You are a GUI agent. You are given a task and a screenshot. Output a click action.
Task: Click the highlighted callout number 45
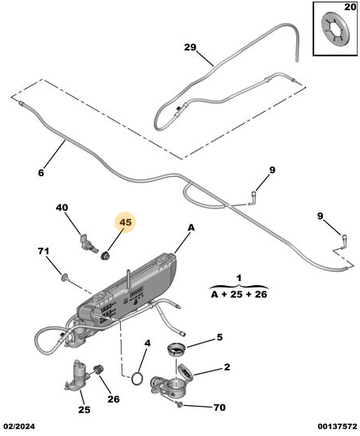click(126, 223)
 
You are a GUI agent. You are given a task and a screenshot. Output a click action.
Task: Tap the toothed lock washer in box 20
click(335, 30)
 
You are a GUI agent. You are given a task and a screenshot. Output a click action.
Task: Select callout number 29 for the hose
click(190, 47)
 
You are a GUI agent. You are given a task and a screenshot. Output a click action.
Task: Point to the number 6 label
click(41, 173)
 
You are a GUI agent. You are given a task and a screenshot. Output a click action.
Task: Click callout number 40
click(62, 208)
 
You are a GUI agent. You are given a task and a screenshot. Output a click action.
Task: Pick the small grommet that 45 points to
click(105, 255)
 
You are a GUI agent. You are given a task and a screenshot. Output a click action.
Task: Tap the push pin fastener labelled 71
click(66, 277)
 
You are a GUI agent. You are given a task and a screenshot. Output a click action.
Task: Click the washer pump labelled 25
click(77, 375)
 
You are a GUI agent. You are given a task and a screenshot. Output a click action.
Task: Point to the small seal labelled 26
click(98, 370)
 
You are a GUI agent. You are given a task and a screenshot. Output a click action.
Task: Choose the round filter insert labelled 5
click(177, 350)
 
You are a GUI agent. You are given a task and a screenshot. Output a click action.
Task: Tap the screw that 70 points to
click(180, 404)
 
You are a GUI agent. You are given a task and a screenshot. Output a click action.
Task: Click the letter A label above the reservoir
click(191, 227)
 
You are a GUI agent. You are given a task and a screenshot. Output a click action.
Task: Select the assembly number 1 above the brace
click(239, 278)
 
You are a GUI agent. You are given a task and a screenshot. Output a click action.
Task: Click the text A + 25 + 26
click(239, 295)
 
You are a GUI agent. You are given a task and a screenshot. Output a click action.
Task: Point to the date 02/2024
click(19, 427)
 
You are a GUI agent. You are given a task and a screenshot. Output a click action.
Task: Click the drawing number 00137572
click(337, 427)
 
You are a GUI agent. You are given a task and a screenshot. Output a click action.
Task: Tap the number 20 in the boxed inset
click(350, 7)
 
